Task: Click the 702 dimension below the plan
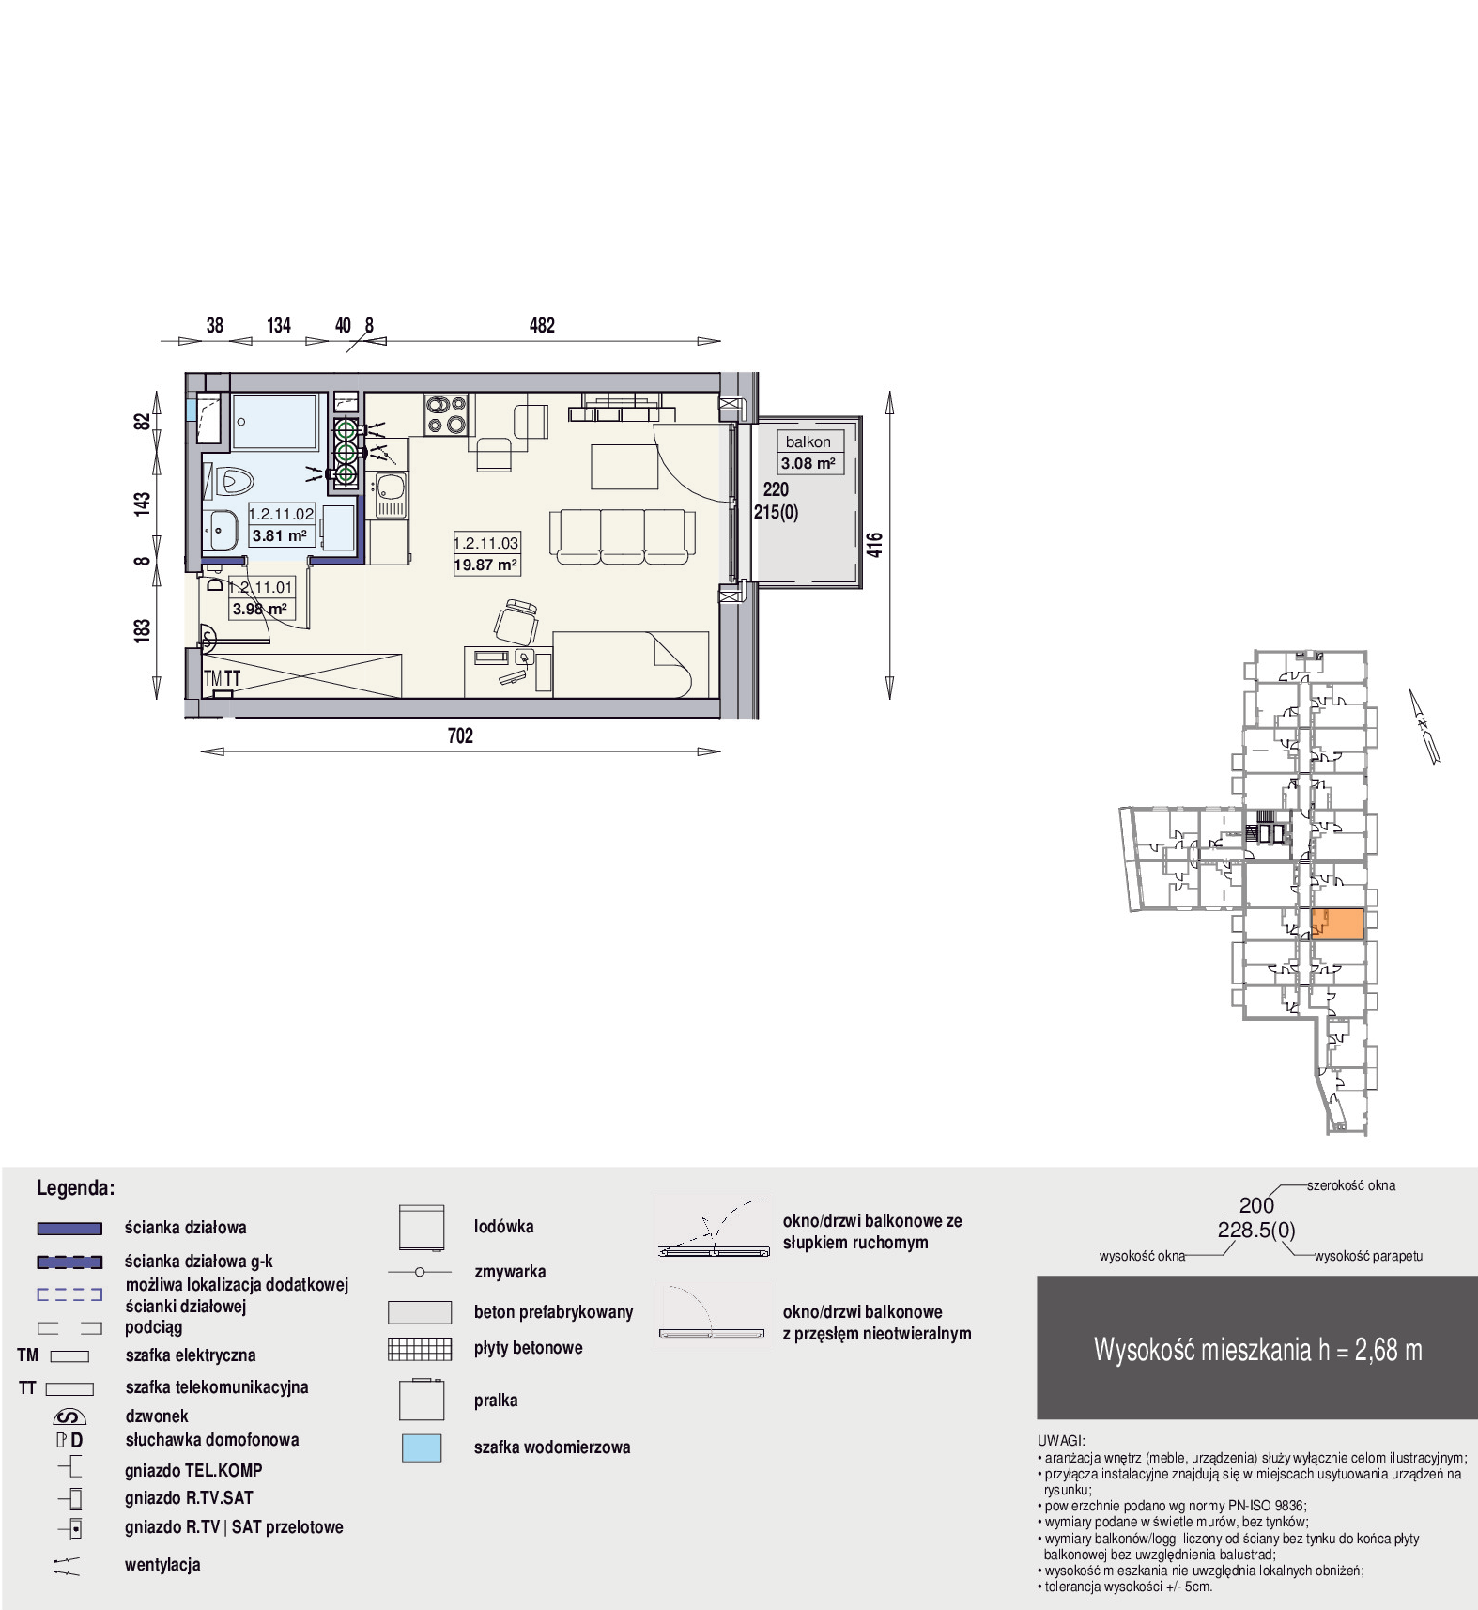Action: tap(460, 735)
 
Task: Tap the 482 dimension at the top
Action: tap(542, 325)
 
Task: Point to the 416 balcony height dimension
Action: tap(874, 545)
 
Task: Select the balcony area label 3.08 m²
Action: tap(808, 463)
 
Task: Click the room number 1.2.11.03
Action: tap(486, 543)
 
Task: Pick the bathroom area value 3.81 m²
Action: tap(279, 535)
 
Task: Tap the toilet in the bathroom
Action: tap(234, 482)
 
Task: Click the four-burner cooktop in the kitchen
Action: tap(446, 414)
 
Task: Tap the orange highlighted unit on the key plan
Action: tap(1337, 923)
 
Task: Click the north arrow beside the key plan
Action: tap(1424, 726)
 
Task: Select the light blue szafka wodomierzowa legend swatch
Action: tap(422, 1447)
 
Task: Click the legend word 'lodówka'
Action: tap(503, 1226)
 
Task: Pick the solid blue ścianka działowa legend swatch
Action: tap(69, 1228)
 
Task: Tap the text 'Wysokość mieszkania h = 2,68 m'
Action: tap(1257, 1350)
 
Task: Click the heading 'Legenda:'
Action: tap(75, 1187)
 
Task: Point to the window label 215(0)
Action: tap(776, 512)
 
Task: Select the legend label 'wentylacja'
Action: tap(162, 1565)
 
